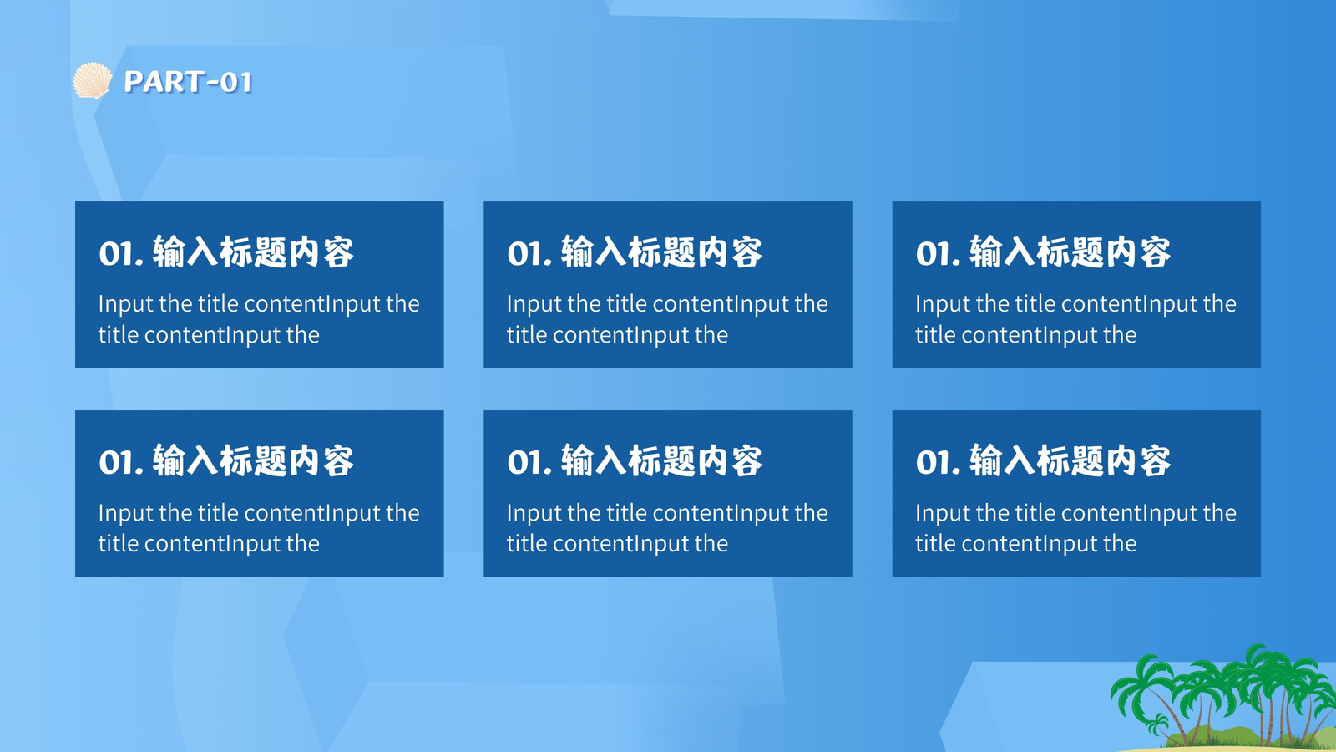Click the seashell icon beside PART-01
click(93, 80)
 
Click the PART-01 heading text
click(188, 82)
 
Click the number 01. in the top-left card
click(121, 253)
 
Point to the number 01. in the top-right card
click(939, 253)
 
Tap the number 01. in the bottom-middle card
click(529, 462)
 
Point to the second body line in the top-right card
click(1026, 335)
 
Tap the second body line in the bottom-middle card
click(617, 544)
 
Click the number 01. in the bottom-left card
click(121, 462)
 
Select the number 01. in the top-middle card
click(529, 253)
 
